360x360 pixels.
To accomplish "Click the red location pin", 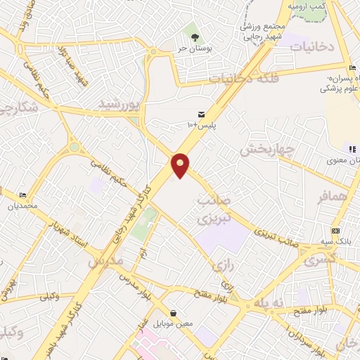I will click(x=180, y=165).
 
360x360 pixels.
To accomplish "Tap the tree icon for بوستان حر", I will click(x=191, y=32).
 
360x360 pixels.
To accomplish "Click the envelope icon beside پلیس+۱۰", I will click(x=202, y=114).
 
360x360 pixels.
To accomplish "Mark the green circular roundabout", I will click(x=74, y=148).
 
